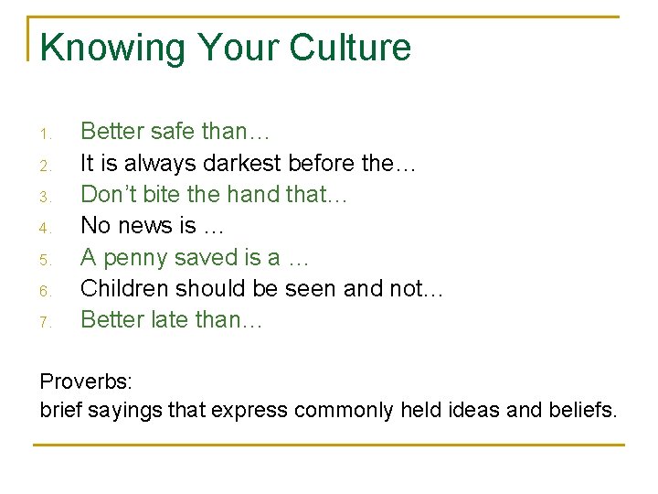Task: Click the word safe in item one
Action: point(171,132)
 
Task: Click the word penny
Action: point(133,258)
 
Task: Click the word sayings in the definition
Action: point(127,411)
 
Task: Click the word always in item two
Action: point(145,164)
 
